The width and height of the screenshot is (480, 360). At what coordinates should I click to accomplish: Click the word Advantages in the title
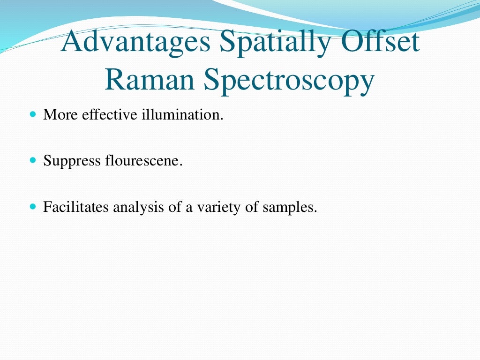(136, 42)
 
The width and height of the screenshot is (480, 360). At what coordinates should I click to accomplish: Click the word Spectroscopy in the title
(289, 81)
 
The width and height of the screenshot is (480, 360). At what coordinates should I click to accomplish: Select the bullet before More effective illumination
(32, 114)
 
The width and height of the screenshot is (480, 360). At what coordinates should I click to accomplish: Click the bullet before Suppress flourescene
(32, 160)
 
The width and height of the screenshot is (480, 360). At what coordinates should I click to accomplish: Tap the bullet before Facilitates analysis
(32, 206)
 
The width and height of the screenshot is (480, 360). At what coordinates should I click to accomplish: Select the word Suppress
(72, 161)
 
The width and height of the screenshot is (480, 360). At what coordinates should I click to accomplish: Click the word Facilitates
(76, 207)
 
